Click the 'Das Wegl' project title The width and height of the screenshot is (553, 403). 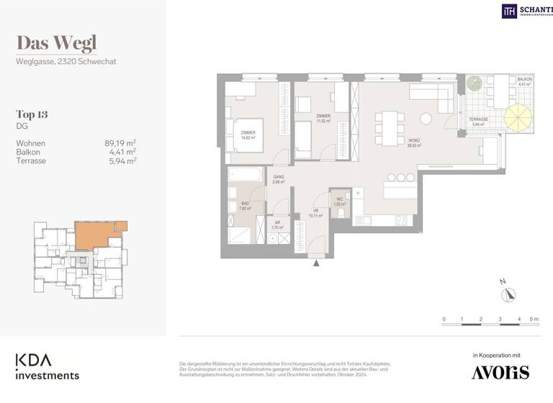[x=56, y=44]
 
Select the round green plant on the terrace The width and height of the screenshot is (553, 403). [x=474, y=83]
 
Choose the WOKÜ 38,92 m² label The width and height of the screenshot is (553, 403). [x=414, y=143]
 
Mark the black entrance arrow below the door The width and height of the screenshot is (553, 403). [x=315, y=263]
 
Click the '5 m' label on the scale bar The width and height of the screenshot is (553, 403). [x=534, y=318]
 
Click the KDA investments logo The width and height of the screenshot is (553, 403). [x=48, y=366]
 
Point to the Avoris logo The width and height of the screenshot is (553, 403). [x=500, y=371]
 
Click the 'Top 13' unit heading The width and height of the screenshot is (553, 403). [x=32, y=114]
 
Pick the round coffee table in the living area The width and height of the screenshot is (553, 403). [x=426, y=118]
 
